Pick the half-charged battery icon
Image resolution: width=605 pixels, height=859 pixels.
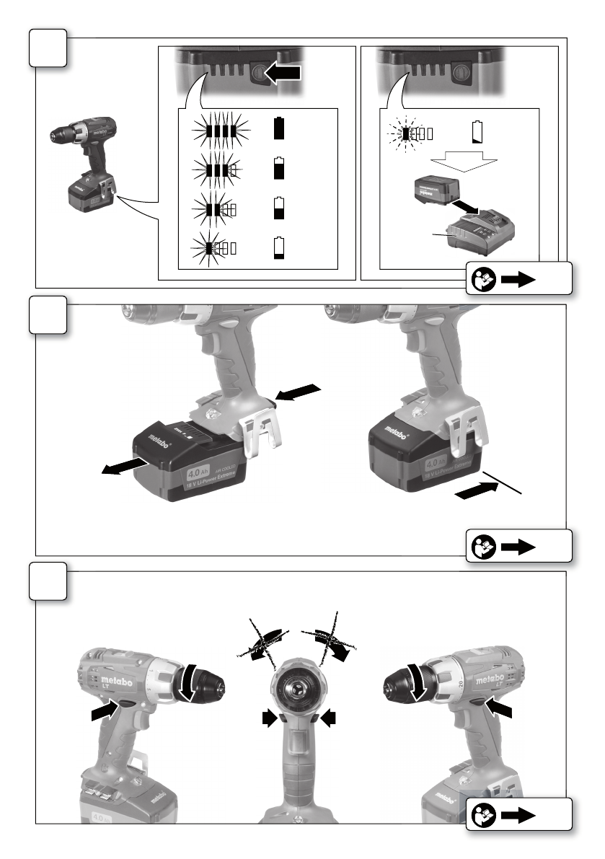[x=279, y=208]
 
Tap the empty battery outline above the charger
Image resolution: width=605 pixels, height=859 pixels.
[x=476, y=133]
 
